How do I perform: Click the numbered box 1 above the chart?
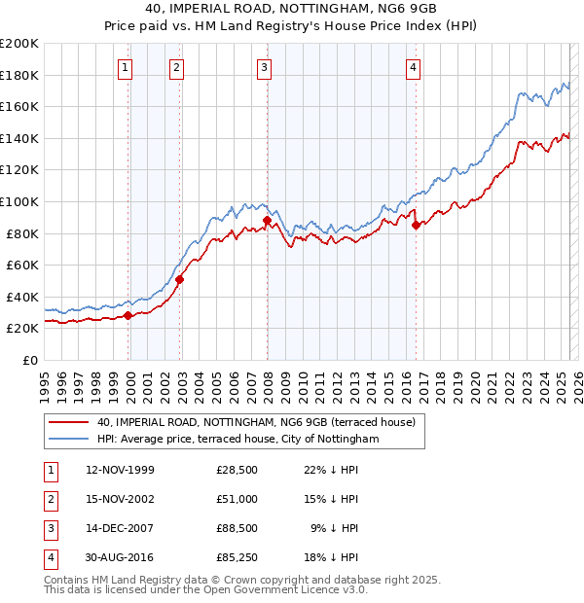click(128, 67)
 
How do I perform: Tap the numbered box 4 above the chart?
click(414, 67)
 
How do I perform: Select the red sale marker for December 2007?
click(268, 221)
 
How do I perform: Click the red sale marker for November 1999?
click(128, 315)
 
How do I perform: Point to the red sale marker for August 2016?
click(417, 226)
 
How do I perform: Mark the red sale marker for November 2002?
click(180, 280)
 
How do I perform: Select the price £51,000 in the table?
click(237, 499)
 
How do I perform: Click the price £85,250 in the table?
click(237, 557)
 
